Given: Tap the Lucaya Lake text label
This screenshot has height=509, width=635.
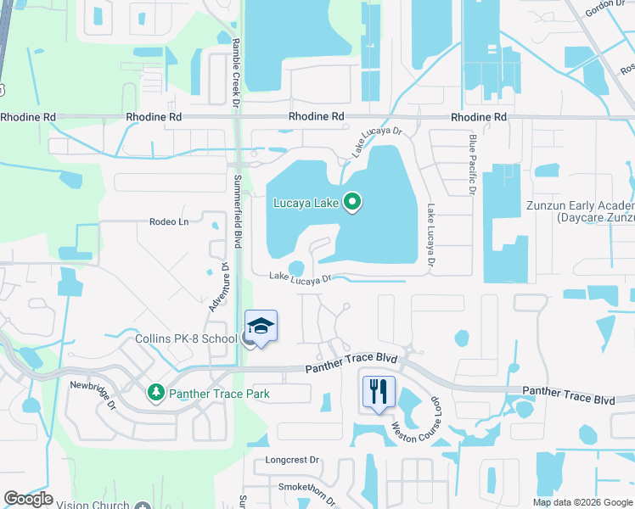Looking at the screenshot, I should click(x=306, y=203).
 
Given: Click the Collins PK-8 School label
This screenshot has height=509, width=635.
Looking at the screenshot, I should click(x=186, y=339).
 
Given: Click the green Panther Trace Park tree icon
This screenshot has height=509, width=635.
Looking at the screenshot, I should click(x=155, y=393).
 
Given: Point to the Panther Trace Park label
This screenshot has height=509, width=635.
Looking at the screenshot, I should click(x=219, y=394).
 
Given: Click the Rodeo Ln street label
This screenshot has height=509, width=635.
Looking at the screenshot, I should click(x=168, y=222).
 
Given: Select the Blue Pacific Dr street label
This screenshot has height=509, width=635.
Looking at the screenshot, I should click(x=473, y=165).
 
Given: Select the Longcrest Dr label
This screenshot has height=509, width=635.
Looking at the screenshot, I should click(x=292, y=461).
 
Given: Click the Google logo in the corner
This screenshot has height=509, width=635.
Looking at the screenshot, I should click(x=28, y=499).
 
